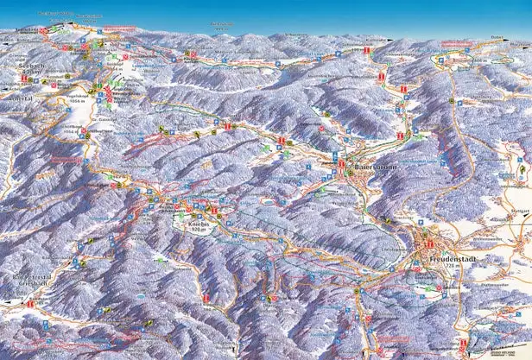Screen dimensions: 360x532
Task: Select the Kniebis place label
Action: (199, 223)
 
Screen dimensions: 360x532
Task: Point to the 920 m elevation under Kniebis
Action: (200, 231)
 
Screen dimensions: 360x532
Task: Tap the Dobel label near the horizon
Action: (497, 36)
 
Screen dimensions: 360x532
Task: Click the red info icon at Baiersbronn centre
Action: (343, 164)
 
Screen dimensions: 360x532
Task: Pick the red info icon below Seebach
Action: (24, 79)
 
